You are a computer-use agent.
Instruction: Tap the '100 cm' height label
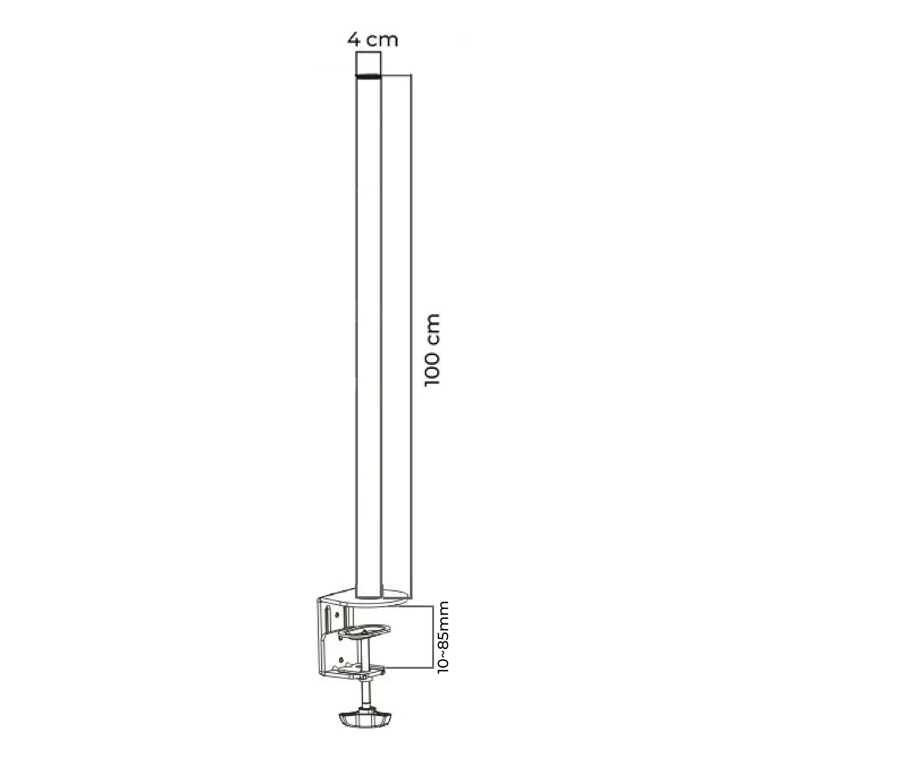point(432,350)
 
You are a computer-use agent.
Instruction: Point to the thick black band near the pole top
point(368,76)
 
